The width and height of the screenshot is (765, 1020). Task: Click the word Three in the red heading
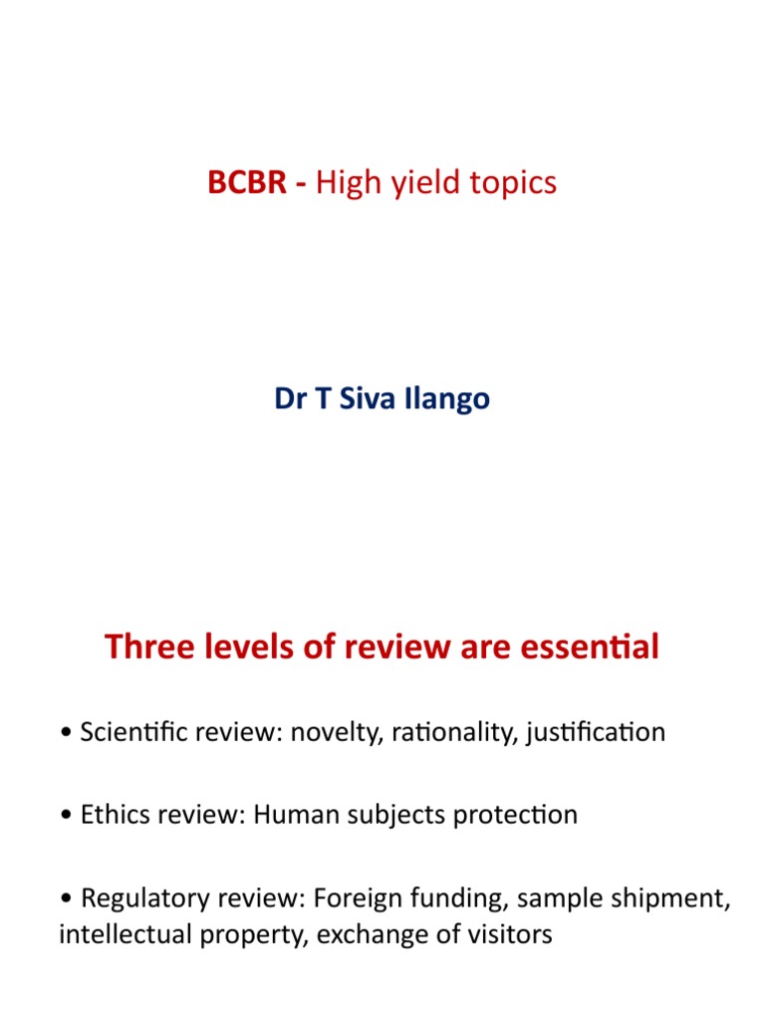point(149,647)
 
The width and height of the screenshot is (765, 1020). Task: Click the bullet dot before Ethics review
point(65,816)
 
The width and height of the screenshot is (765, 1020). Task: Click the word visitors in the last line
point(504,936)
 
